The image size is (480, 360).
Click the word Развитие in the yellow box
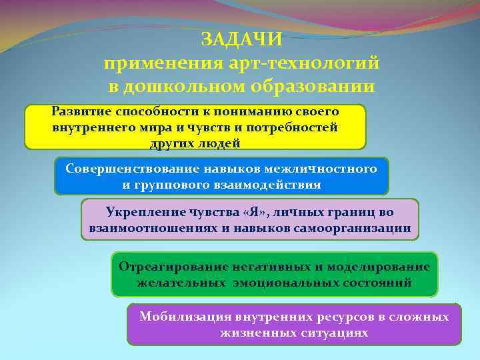click(x=81, y=111)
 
